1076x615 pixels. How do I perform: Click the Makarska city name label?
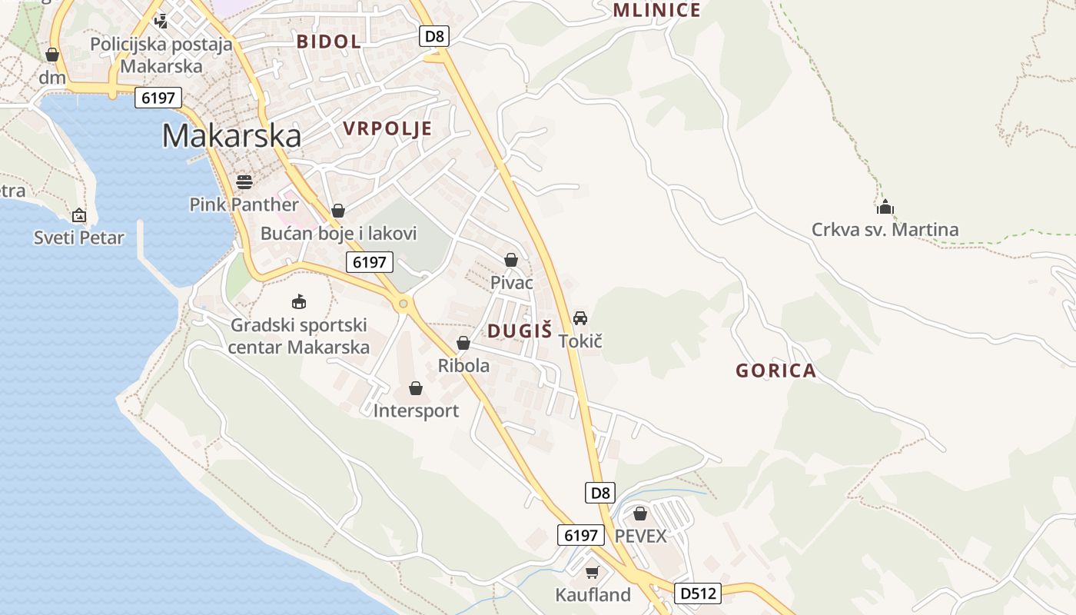[231, 135]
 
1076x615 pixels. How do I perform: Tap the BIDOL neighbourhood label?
[329, 42]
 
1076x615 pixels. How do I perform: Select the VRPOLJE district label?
[387, 128]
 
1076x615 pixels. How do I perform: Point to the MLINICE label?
[656, 10]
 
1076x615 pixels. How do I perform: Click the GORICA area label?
[775, 371]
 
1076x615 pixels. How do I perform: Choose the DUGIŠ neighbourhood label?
[520, 331]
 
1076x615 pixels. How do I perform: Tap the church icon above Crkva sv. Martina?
[885, 207]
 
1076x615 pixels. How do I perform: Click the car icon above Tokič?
[580, 317]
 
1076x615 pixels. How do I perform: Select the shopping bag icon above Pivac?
[511, 260]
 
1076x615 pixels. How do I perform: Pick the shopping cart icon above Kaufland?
[592, 572]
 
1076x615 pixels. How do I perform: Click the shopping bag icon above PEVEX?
[640, 513]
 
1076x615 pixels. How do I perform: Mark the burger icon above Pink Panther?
[244, 181]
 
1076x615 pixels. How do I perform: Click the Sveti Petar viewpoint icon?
[78, 215]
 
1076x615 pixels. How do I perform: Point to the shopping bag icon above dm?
[52, 55]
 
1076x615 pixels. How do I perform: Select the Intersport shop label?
[416, 411]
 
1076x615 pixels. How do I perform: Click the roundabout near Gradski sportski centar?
[403, 304]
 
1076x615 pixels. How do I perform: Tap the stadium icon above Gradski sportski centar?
[299, 301]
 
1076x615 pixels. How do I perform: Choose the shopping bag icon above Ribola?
[463, 343]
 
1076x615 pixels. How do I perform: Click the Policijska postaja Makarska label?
[161, 55]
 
